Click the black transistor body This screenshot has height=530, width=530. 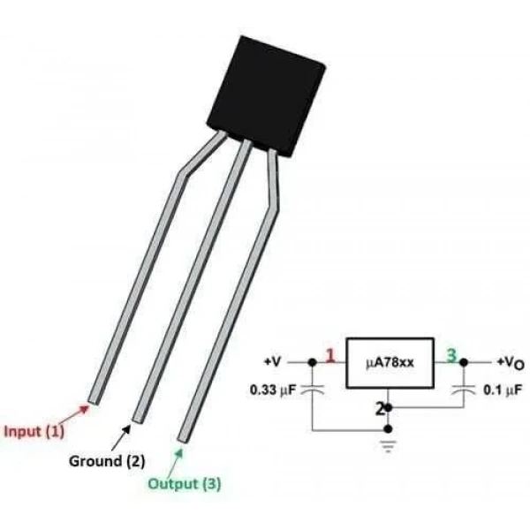click(267, 96)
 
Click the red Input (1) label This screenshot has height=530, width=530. click(34, 431)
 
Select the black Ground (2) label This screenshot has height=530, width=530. click(107, 461)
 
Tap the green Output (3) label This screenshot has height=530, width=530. click(185, 484)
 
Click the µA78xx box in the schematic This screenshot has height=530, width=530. click(390, 363)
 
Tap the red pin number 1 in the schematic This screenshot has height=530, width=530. click(330, 356)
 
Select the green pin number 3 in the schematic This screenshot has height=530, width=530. click(451, 356)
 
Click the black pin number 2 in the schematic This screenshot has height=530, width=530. click(380, 409)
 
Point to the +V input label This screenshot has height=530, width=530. click(272, 362)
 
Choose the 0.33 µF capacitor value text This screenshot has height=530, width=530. click(273, 390)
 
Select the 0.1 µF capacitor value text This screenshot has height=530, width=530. click(503, 390)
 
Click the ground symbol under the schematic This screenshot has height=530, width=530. click(388, 446)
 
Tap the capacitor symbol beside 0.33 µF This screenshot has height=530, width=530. click(313, 390)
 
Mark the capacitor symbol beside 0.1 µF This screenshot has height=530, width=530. click(464, 390)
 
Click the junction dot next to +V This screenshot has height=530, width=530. click(313, 362)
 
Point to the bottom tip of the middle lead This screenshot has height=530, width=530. click(138, 420)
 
